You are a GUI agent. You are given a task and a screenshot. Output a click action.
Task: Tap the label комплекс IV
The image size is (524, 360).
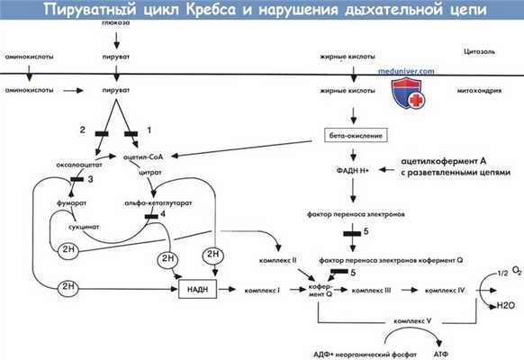(x=445, y=291)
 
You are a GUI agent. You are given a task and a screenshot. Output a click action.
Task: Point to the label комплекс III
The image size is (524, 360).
(x=372, y=291)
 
